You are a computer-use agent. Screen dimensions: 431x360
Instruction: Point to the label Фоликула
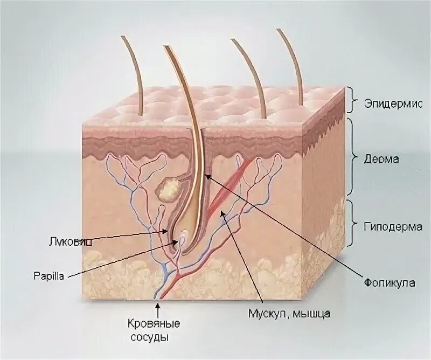click(x=386, y=282)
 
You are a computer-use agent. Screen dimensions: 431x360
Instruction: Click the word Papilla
click(x=48, y=275)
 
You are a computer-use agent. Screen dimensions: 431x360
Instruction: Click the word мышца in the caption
click(x=310, y=313)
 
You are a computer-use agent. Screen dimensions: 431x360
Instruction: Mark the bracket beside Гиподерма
click(x=351, y=226)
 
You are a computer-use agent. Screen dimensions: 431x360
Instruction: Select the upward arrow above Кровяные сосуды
click(x=158, y=309)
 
